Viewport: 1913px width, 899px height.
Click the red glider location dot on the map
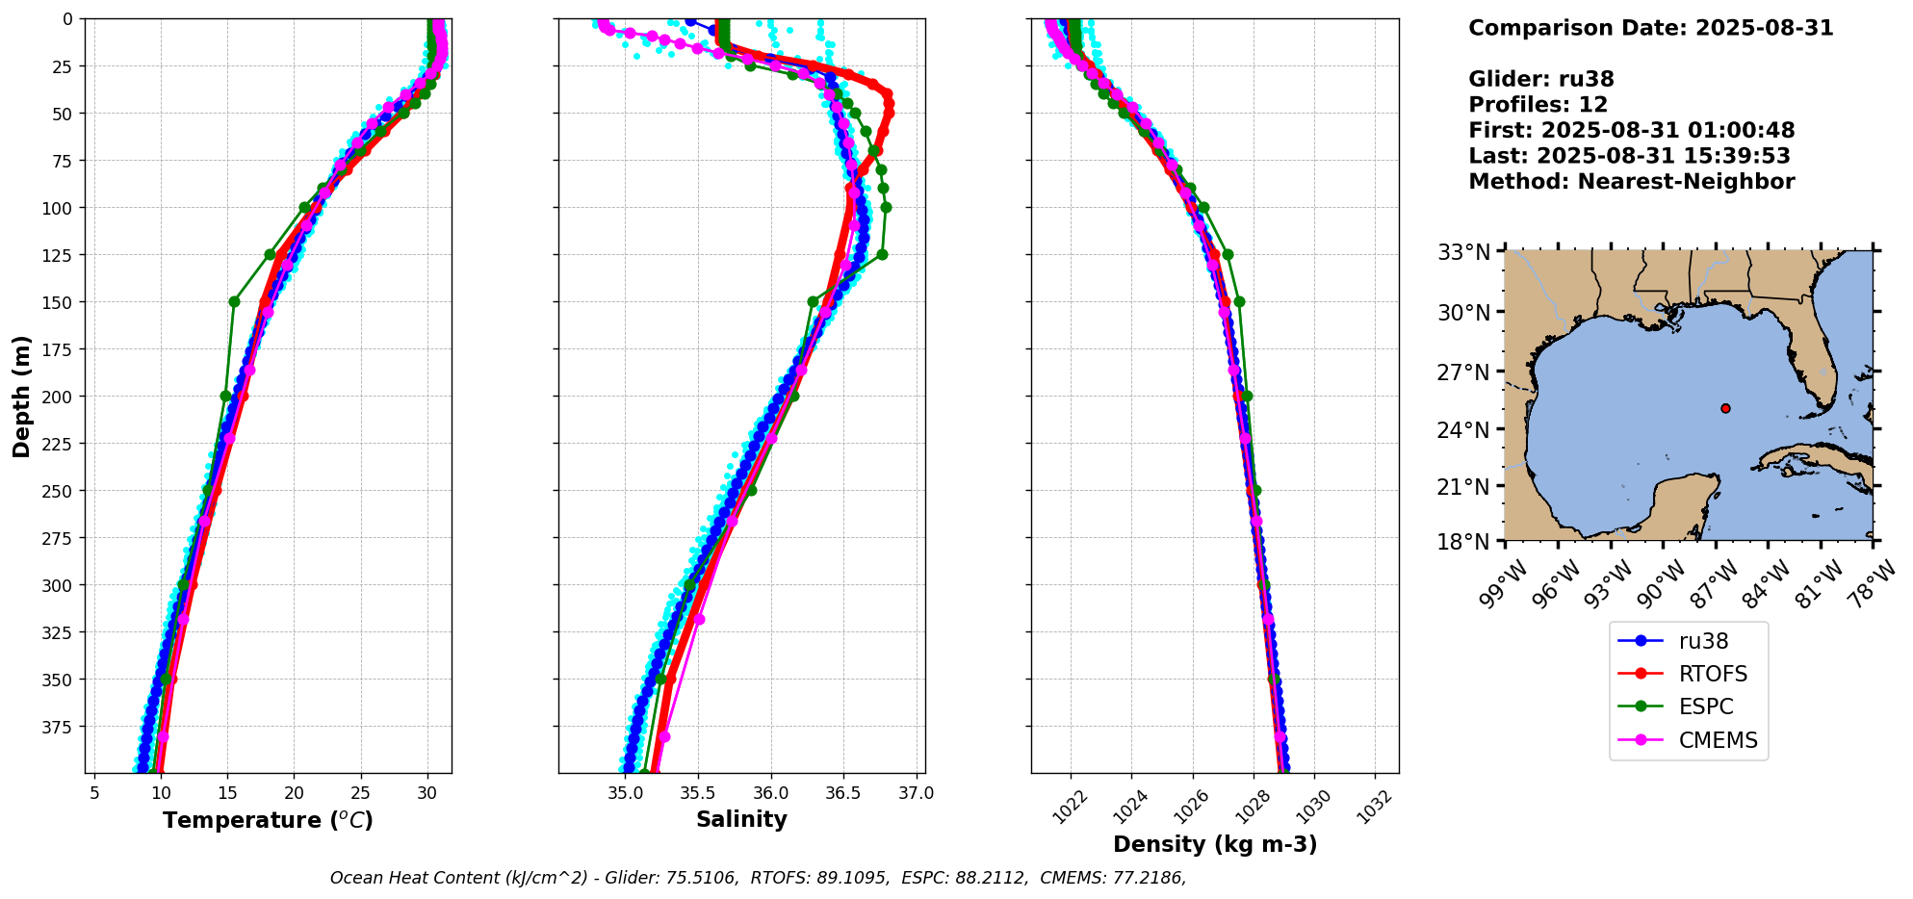tap(1725, 408)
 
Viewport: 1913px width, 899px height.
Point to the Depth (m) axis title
tap(22, 396)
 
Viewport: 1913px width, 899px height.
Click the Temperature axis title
tap(268, 820)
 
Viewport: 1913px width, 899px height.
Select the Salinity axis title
tap(741, 819)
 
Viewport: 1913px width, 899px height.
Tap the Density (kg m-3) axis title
tap(1215, 844)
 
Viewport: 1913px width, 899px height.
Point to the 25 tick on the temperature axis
tap(360, 793)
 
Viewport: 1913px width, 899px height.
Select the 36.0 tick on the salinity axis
tap(770, 793)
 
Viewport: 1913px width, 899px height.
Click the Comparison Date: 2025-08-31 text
tap(1650, 28)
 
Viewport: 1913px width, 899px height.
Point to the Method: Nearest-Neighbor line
tap(1631, 182)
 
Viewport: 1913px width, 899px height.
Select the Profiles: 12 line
tap(1538, 105)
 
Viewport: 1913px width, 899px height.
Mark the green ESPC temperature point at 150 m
tap(234, 301)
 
